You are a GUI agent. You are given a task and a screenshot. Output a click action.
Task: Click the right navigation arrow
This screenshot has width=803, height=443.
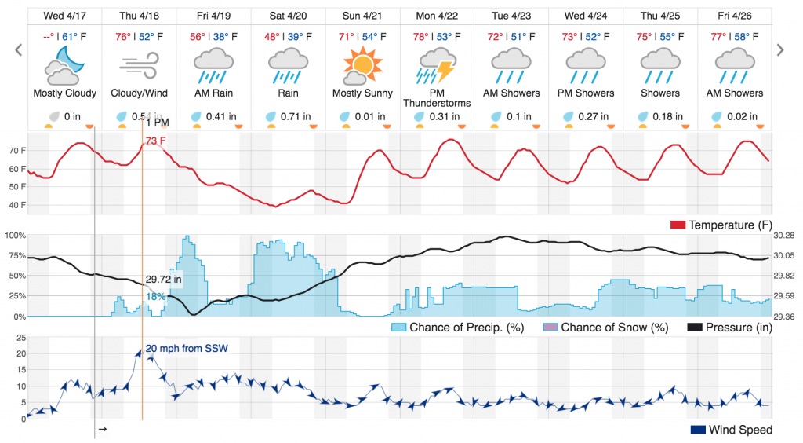pyautogui.click(x=779, y=50)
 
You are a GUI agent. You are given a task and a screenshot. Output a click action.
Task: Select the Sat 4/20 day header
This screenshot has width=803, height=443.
pyautogui.click(x=289, y=16)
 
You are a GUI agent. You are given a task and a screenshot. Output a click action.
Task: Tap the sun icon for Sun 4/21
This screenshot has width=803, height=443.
pyautogui.click(x=362, y=65)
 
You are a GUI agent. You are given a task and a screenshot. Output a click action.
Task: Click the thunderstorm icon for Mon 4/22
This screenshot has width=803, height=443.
pyautogui.click(x=437, y=65)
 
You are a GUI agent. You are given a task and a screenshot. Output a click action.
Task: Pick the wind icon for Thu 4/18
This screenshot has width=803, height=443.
pyautogui.click(x=140, y=65)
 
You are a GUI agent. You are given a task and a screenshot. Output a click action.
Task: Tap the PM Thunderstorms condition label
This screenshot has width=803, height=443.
pyautogui.click(x=438, y=97)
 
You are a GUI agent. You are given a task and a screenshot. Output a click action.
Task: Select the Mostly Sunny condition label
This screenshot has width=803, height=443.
pyautogui.click(x=362, y=93)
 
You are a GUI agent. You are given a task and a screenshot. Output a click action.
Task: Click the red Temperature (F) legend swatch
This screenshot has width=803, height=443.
pyautogui.click(x=678, y=225)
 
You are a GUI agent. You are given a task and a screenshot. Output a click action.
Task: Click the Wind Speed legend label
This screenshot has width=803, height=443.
pyautogui.click(x=740, y=430)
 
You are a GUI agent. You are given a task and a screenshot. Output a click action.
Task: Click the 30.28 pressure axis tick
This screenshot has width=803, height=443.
pyautogui.click(x=784, y=235)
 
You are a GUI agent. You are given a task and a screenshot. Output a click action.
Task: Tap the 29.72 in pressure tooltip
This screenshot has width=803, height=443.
pyautogui.click(x=163, y=279)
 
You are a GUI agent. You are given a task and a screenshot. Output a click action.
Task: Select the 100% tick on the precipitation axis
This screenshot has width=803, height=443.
pyautogui.click(x=16, y=235)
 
